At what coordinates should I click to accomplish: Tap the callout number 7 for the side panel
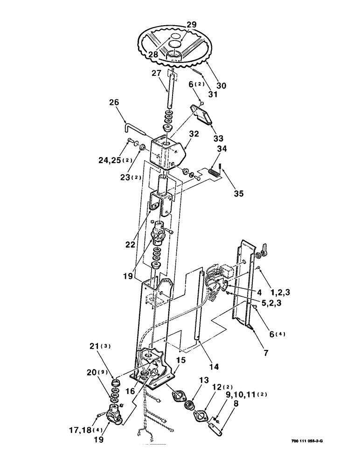tap(266, 354)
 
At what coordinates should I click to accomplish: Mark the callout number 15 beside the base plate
tap(180, 361)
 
